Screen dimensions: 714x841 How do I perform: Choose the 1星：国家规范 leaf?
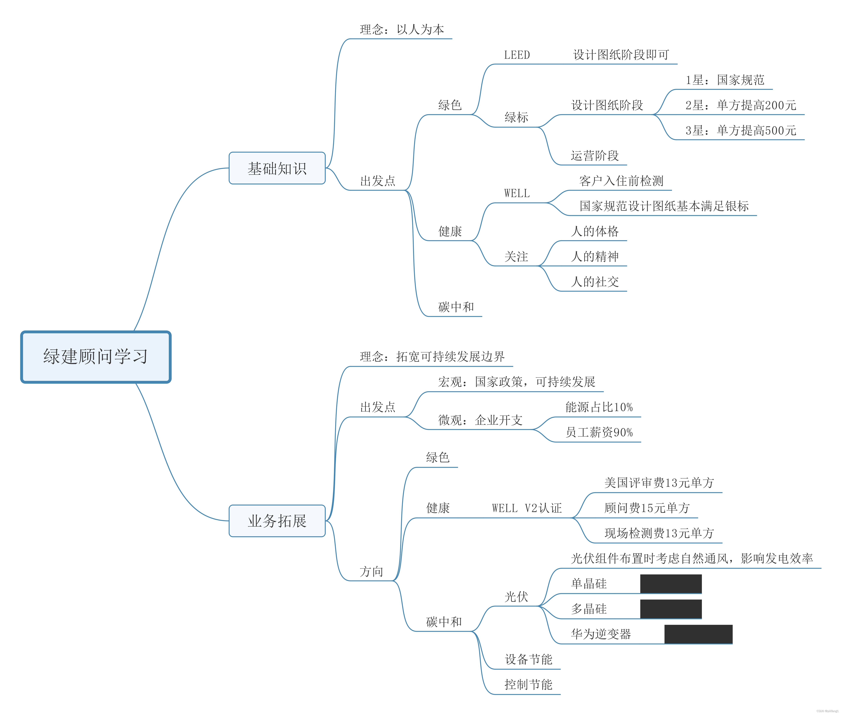click(724, 80)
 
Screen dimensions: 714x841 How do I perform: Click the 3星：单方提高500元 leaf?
click(741, 130)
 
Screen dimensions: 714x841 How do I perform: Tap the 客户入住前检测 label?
click(621, 181)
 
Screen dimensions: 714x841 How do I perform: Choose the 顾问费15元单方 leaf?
click(647, 508)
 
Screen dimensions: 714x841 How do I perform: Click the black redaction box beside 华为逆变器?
click(698, 634)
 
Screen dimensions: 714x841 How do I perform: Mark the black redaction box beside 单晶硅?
click(671, 584)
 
